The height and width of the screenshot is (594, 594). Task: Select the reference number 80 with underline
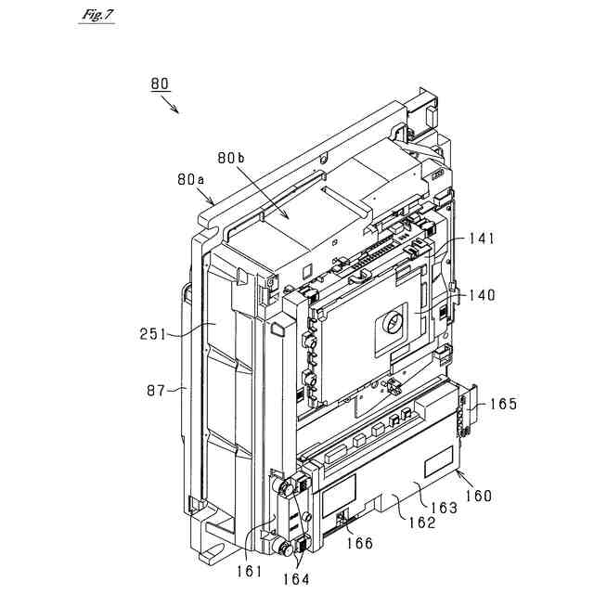160,84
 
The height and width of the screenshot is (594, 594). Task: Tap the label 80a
191,179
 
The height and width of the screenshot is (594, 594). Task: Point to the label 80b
232,159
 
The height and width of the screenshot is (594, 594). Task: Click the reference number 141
481,239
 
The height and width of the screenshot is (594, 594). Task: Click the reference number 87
157,392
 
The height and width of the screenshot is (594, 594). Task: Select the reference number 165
504,404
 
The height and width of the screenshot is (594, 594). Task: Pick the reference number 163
445,510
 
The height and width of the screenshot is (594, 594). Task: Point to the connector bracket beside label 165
468,409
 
